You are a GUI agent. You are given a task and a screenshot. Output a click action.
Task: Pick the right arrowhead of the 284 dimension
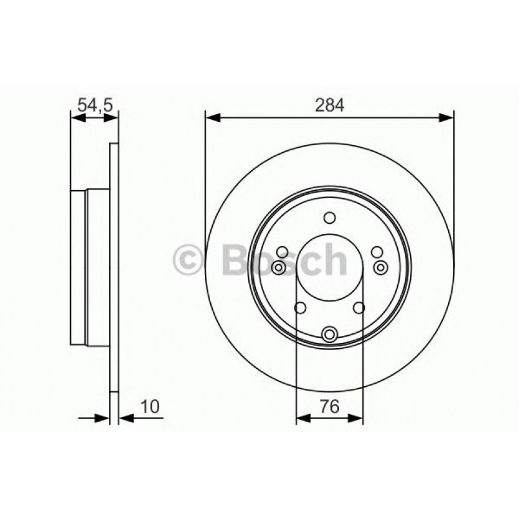point(447,117)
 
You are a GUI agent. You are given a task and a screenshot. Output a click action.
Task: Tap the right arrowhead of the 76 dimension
point(355,418)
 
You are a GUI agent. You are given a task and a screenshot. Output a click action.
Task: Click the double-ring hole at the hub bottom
point(329,334)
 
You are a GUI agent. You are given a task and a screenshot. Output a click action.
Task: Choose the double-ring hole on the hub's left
point(279,268)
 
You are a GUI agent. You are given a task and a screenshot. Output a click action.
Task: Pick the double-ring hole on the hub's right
point(380,268)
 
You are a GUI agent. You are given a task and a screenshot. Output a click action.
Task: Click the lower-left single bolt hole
point(300,308)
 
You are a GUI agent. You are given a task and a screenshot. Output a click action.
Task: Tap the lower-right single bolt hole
point(359,308)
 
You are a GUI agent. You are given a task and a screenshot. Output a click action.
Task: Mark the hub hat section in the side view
point(90,268)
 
